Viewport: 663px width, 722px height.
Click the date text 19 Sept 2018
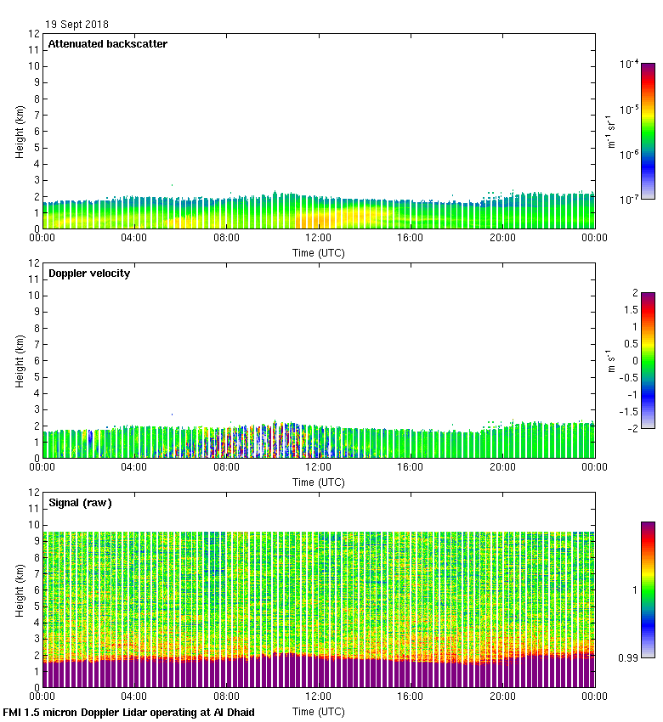(77, 25)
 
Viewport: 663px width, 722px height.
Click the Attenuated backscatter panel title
(107, 44)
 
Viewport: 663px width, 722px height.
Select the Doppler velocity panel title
(89, 274)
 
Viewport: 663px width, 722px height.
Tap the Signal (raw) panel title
(80, 503)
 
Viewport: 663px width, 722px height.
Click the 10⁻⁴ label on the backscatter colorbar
(630, 65)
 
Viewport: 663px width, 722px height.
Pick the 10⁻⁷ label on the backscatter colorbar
(630, 200)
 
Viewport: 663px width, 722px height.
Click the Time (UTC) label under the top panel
(319, 252)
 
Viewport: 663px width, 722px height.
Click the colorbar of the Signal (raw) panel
(648, 589)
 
